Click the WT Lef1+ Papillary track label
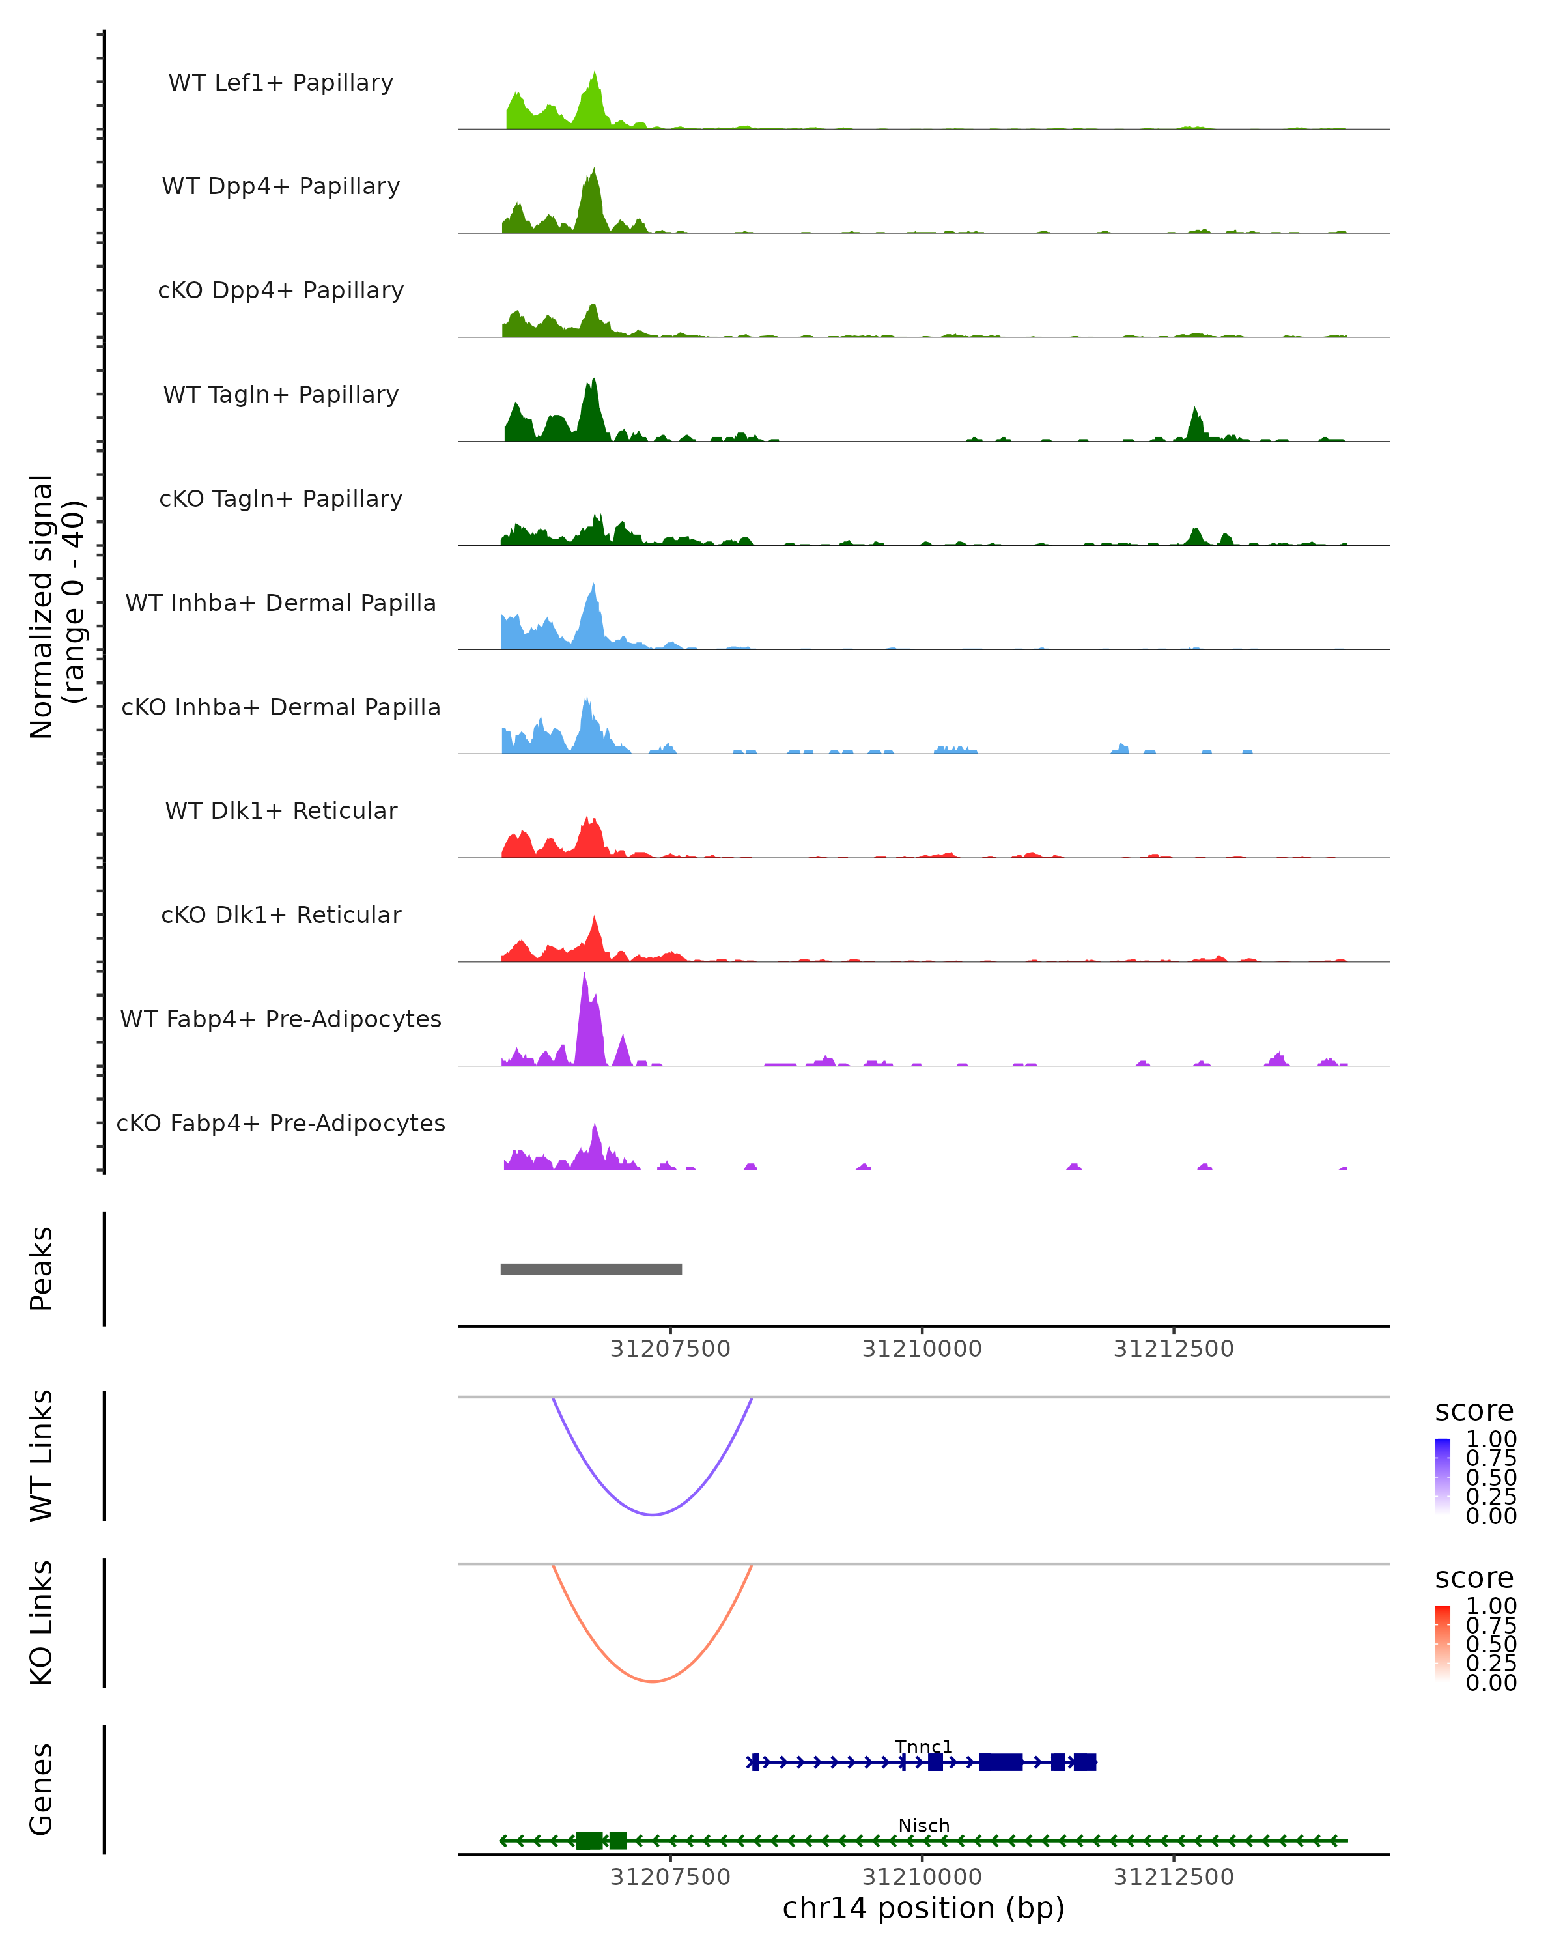[x=281, y=83]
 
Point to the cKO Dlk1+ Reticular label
[x=281, y=914]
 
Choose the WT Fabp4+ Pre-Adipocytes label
[x=281, y=1019]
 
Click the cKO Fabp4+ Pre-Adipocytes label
[x=281, y=1123]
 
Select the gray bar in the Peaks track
[x=591, y=1269]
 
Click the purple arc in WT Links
[x=653, y=1514]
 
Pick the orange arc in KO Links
[x=653, y=1681]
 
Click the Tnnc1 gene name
[x=923, y=1746]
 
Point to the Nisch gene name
[x=923, y=1825]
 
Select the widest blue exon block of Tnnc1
[x=1000, y=1762]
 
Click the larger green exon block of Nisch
[x=589, y=1841]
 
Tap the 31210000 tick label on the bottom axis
[x=922, y=1877]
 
